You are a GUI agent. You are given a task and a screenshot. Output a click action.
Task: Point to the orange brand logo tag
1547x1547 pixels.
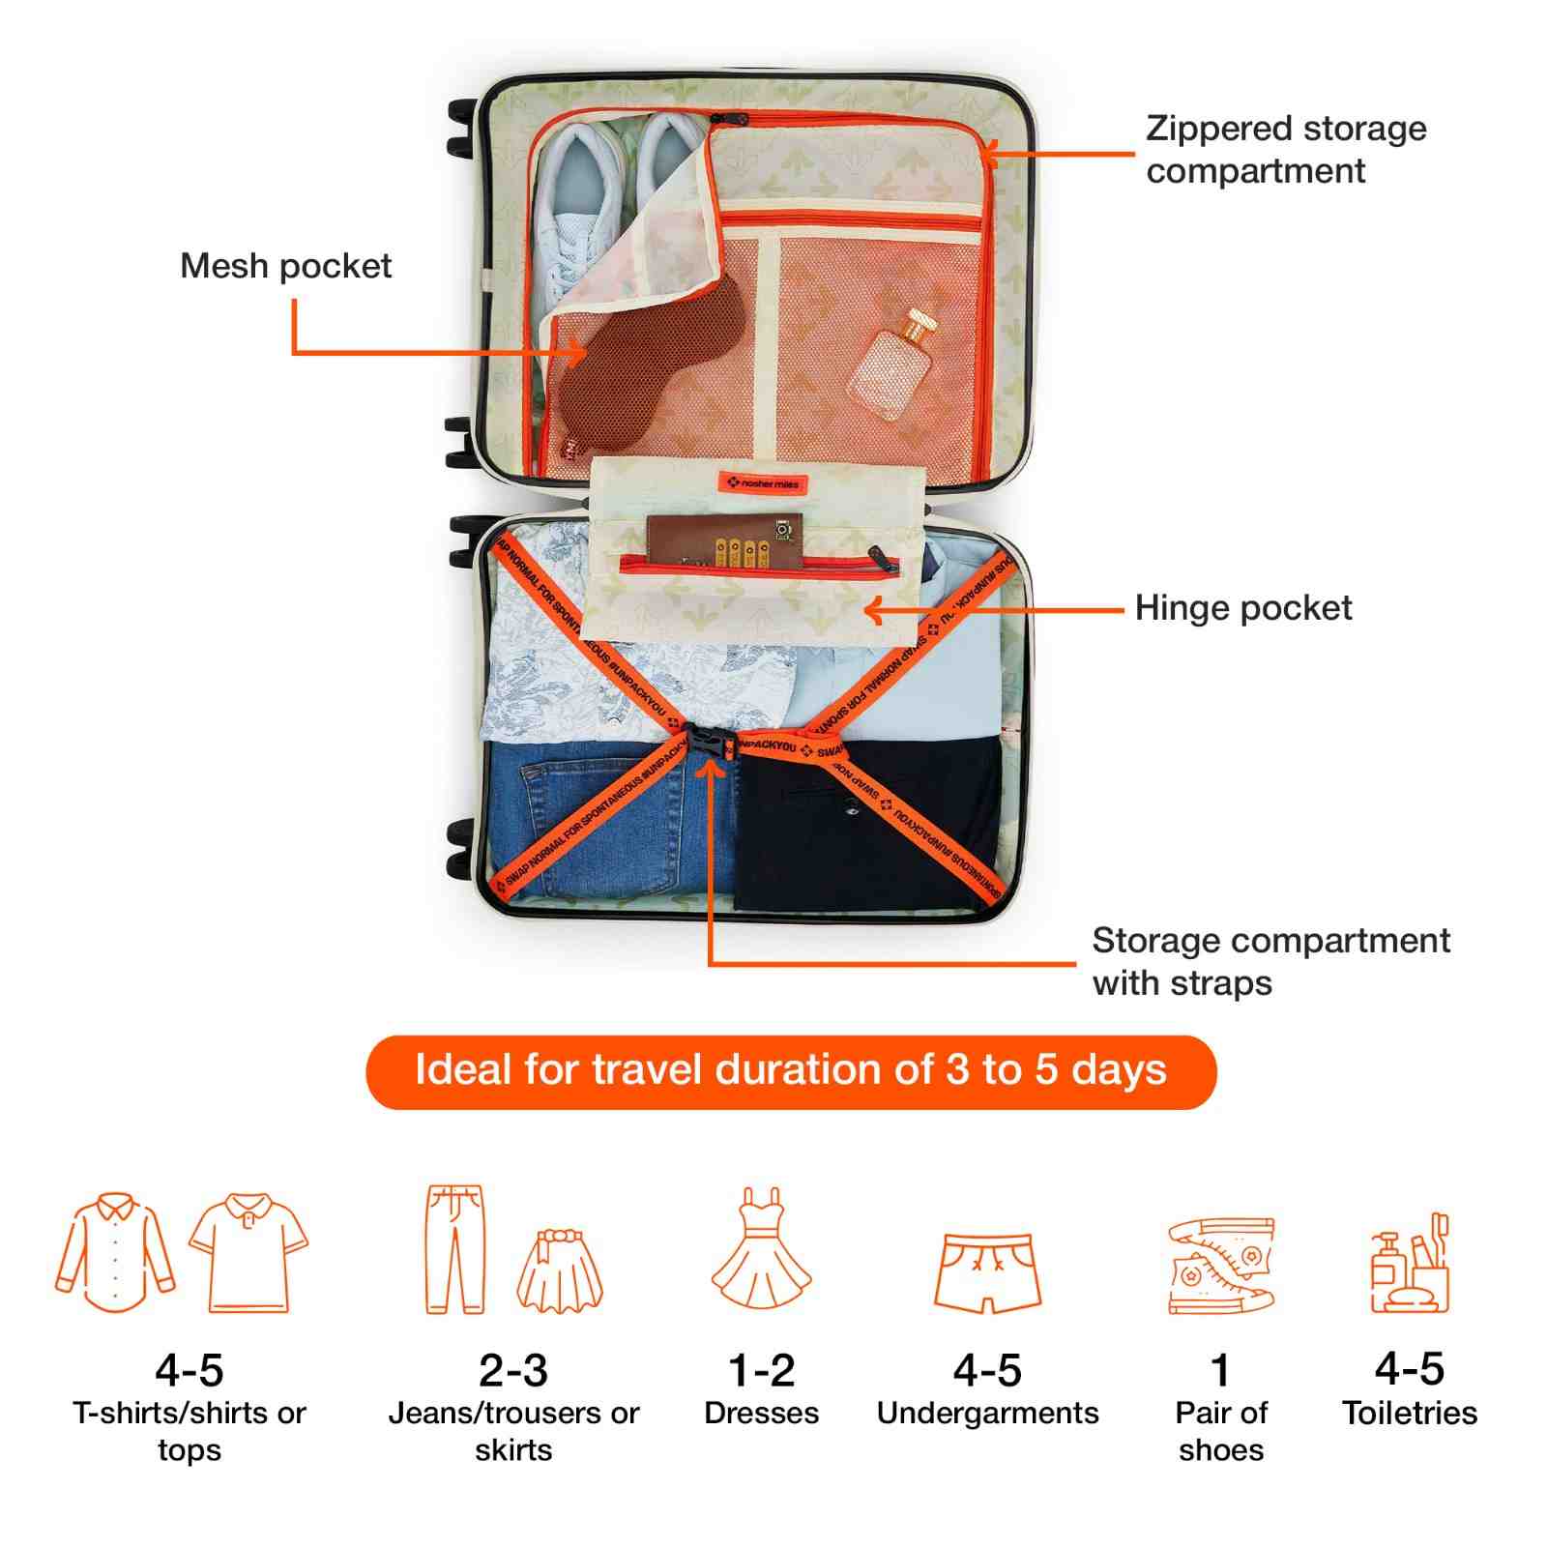click(762, 482)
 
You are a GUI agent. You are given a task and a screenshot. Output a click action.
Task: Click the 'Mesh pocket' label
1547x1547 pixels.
click(285, 266)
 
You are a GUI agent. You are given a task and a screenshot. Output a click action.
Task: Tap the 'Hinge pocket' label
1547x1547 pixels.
click(1242, 608)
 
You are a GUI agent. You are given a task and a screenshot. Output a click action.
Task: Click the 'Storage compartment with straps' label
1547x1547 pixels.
click(1270, 961)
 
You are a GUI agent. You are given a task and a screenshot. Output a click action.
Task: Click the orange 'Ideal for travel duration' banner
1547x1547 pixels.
click(790, 1071)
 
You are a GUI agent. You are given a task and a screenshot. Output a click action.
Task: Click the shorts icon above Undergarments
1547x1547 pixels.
click(987, 1271)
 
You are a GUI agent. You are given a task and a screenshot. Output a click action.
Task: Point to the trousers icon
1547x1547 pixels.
click(453, 1249)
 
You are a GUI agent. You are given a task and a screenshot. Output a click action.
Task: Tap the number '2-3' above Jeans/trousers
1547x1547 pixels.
click(512, 1370)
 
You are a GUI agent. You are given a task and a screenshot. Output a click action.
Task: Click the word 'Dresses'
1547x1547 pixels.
click(761, 1414)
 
